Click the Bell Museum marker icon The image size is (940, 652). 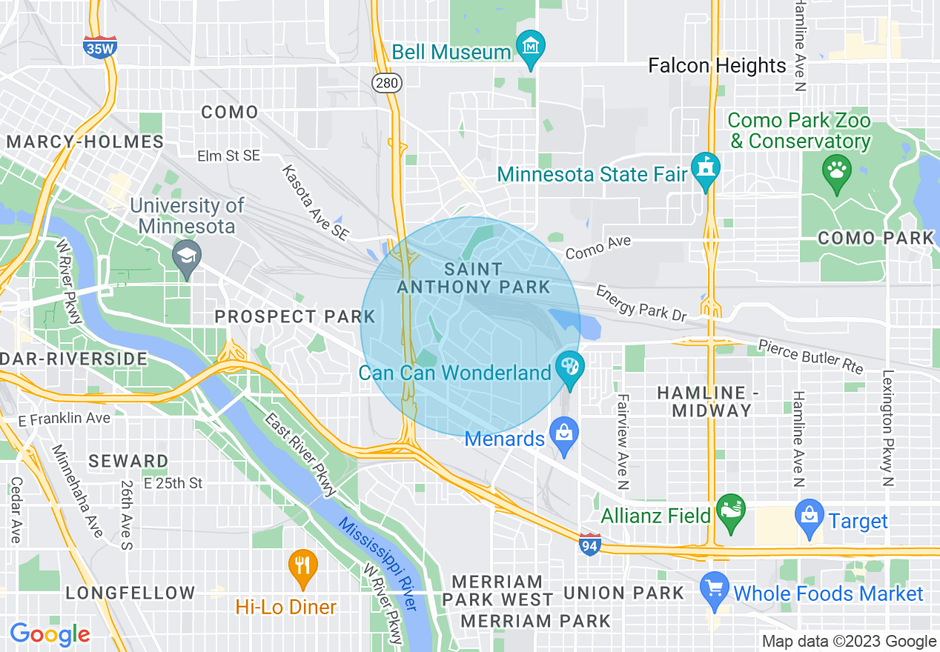pos(530,48)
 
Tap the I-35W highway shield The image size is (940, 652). pos(99,47)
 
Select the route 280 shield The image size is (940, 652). pos(387,83)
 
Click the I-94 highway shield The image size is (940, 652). pos(590,545)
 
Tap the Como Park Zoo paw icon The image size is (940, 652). pos(837,171)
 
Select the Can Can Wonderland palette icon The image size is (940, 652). pos(570,367)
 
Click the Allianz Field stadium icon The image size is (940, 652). pos(732,510)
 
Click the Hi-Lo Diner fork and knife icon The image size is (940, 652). pos(302,566)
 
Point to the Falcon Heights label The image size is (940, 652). pos(717,66)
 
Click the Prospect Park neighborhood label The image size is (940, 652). pos(295,316)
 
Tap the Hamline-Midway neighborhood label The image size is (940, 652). pos(704,401)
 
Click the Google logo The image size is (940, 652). pos(50,634)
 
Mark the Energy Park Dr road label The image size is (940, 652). pos(642,303)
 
